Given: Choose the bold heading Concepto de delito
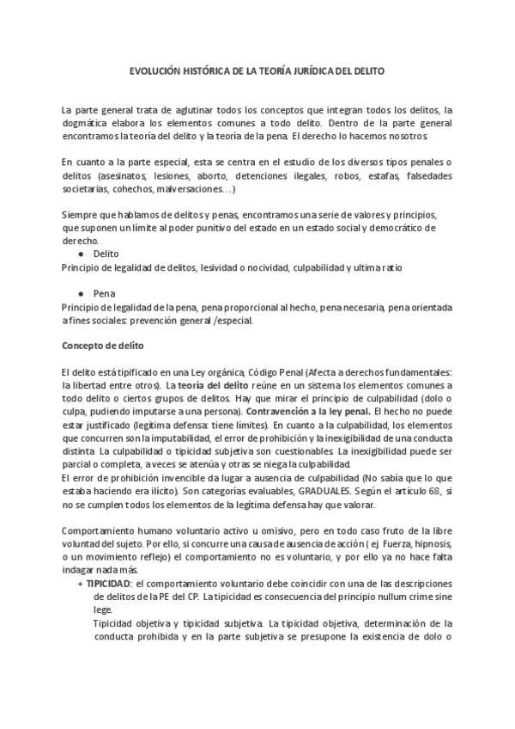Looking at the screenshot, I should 102,346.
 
